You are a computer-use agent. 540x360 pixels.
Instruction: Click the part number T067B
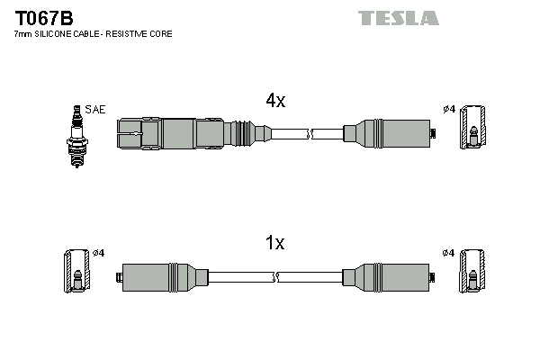coord(43,17)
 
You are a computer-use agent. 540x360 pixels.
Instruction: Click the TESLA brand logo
coord(398,18)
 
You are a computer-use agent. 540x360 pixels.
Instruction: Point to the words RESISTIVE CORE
coord(143,34)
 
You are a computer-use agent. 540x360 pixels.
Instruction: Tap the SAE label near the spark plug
coord(96,110)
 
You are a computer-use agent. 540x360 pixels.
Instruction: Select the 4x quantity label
coord(274,102)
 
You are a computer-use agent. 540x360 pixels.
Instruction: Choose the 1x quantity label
coord(274,243)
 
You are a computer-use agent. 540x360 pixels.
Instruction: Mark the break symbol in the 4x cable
coord(310,135)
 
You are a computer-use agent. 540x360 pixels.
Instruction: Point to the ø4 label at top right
coord(449,110)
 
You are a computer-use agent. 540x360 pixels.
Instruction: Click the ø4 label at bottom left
coord(99,253)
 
